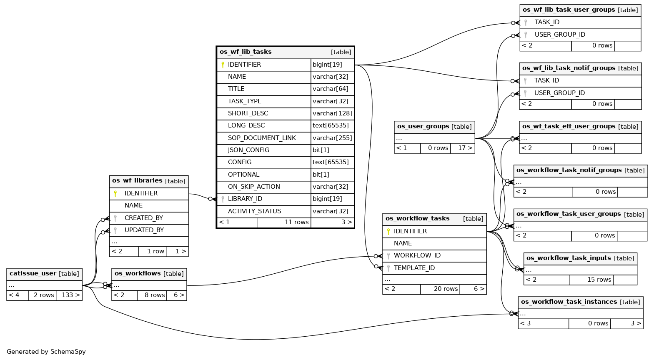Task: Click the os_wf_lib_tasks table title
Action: [x=246, y=52]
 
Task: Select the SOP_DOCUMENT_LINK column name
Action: [x=262, y=138]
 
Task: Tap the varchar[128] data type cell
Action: [x=332, y=113]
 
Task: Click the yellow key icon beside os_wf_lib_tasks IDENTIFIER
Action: [x=223, y=65]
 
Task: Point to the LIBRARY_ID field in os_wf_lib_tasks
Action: [x=245, y=199]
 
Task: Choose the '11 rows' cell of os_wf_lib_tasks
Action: [x=297, y=222]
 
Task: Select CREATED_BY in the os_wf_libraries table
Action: [x=144, y=218]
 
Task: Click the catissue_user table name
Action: [x=33, y=274]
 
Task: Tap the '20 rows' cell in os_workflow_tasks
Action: [x=446, y=289]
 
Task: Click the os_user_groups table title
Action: [x=423, y=126]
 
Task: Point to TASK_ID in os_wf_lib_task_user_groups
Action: [x=547, y=22]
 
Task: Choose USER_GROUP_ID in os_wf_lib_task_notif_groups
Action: [x=559, y=93]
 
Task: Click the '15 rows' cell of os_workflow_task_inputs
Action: [x=599, y=280]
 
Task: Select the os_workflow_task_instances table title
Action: [x=569, y=302]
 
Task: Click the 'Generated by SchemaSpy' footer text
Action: [x=46, y=352]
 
